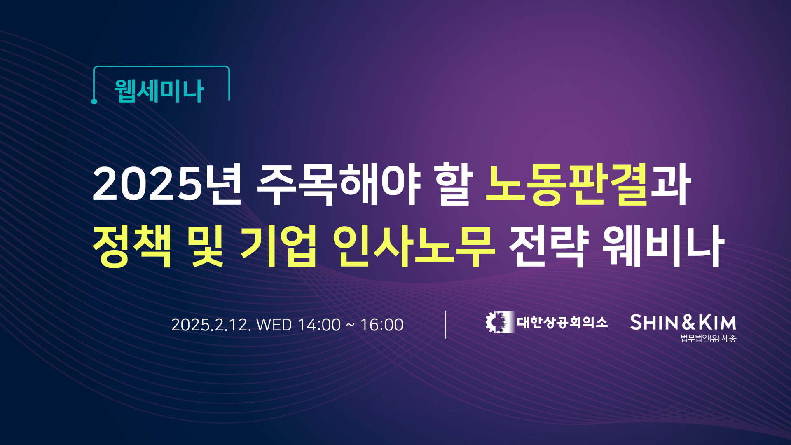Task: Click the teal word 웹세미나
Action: pyautogui.click(x=159, y=91)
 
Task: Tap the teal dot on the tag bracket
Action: pyautogui.click(x=94, y=101)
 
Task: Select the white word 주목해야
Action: pyautogui.click(x=339, y=184)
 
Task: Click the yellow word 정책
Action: pyautogui.click(x=132, y=246)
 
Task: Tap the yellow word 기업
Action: pyautogui.click(x=279, y=246)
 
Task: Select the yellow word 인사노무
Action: pyautogui.click(x=414, y=246)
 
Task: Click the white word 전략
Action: pyautogui.click(x=549, y=246)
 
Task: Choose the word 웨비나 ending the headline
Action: pyautogui.click(x=663, y=246)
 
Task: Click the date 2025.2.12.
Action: pyautogui.click(x=211, y=325)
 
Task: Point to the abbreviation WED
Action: pyautogui.click(x=274, y=325)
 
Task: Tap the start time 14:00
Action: pyautogui.click(x=319, y=325)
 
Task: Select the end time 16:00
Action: pyautogui.click(x=382, y=325)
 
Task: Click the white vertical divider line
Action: pyautogui.click(x=446, y=325)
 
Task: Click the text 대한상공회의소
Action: pyautogui.click(x=562, y=322)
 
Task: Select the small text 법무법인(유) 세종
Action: pyautogui.click(x=708, y=338)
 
